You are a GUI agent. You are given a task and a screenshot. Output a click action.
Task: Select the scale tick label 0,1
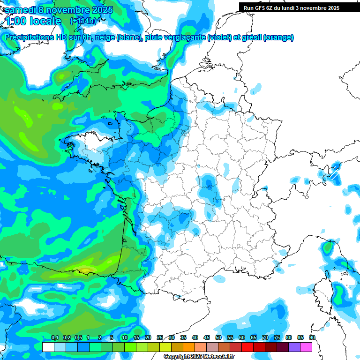coord(55,337)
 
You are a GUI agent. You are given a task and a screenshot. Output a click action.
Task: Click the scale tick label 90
coord(312,337)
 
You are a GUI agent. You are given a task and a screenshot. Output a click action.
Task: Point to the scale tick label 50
coord(218,337)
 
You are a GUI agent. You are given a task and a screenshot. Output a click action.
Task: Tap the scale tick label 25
coord(160,337)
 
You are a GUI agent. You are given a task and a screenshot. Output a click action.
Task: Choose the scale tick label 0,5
coord(78,337)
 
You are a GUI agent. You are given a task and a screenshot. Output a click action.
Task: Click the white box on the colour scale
coord(48,347)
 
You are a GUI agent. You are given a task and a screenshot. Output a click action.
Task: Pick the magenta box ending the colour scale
coord(306,347)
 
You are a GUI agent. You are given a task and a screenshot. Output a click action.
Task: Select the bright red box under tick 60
coord(247,347)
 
